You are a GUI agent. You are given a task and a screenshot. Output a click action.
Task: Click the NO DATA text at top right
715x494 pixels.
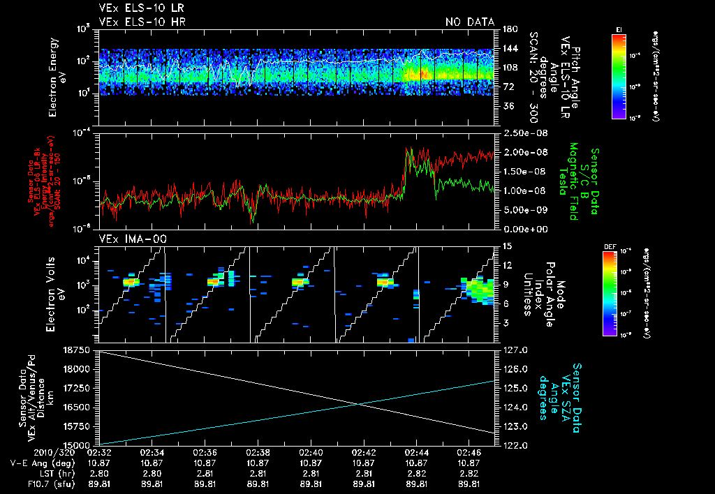point(469,22)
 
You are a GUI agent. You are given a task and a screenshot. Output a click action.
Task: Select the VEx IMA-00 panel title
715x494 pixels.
point(126,239)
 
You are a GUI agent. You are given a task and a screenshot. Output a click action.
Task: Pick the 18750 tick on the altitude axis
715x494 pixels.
point(82,350)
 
